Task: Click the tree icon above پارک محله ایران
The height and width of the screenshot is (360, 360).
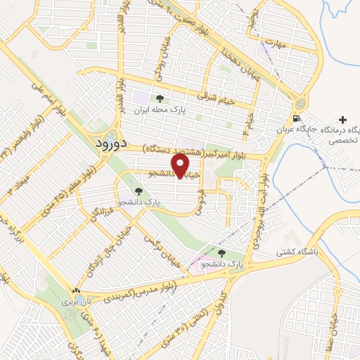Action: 160,99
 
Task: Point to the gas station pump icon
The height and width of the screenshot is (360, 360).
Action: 297,118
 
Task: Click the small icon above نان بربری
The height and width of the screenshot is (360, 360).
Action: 77,290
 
